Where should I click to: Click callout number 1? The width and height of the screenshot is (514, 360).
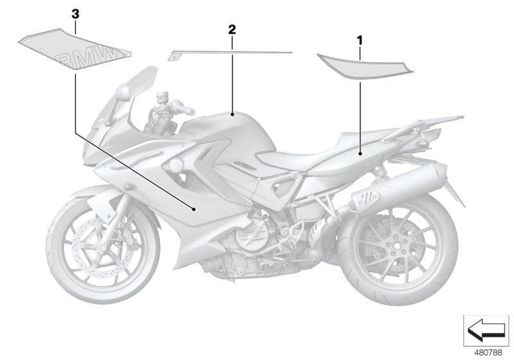(x=360, y=40)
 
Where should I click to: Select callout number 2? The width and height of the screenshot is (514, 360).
(x=232, y=30)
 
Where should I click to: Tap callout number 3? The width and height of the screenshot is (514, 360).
(x=76, y=14)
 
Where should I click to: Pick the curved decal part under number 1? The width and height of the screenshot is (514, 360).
(x=362, y=66)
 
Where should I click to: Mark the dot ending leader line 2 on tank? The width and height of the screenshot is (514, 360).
(x=232, y=116)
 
